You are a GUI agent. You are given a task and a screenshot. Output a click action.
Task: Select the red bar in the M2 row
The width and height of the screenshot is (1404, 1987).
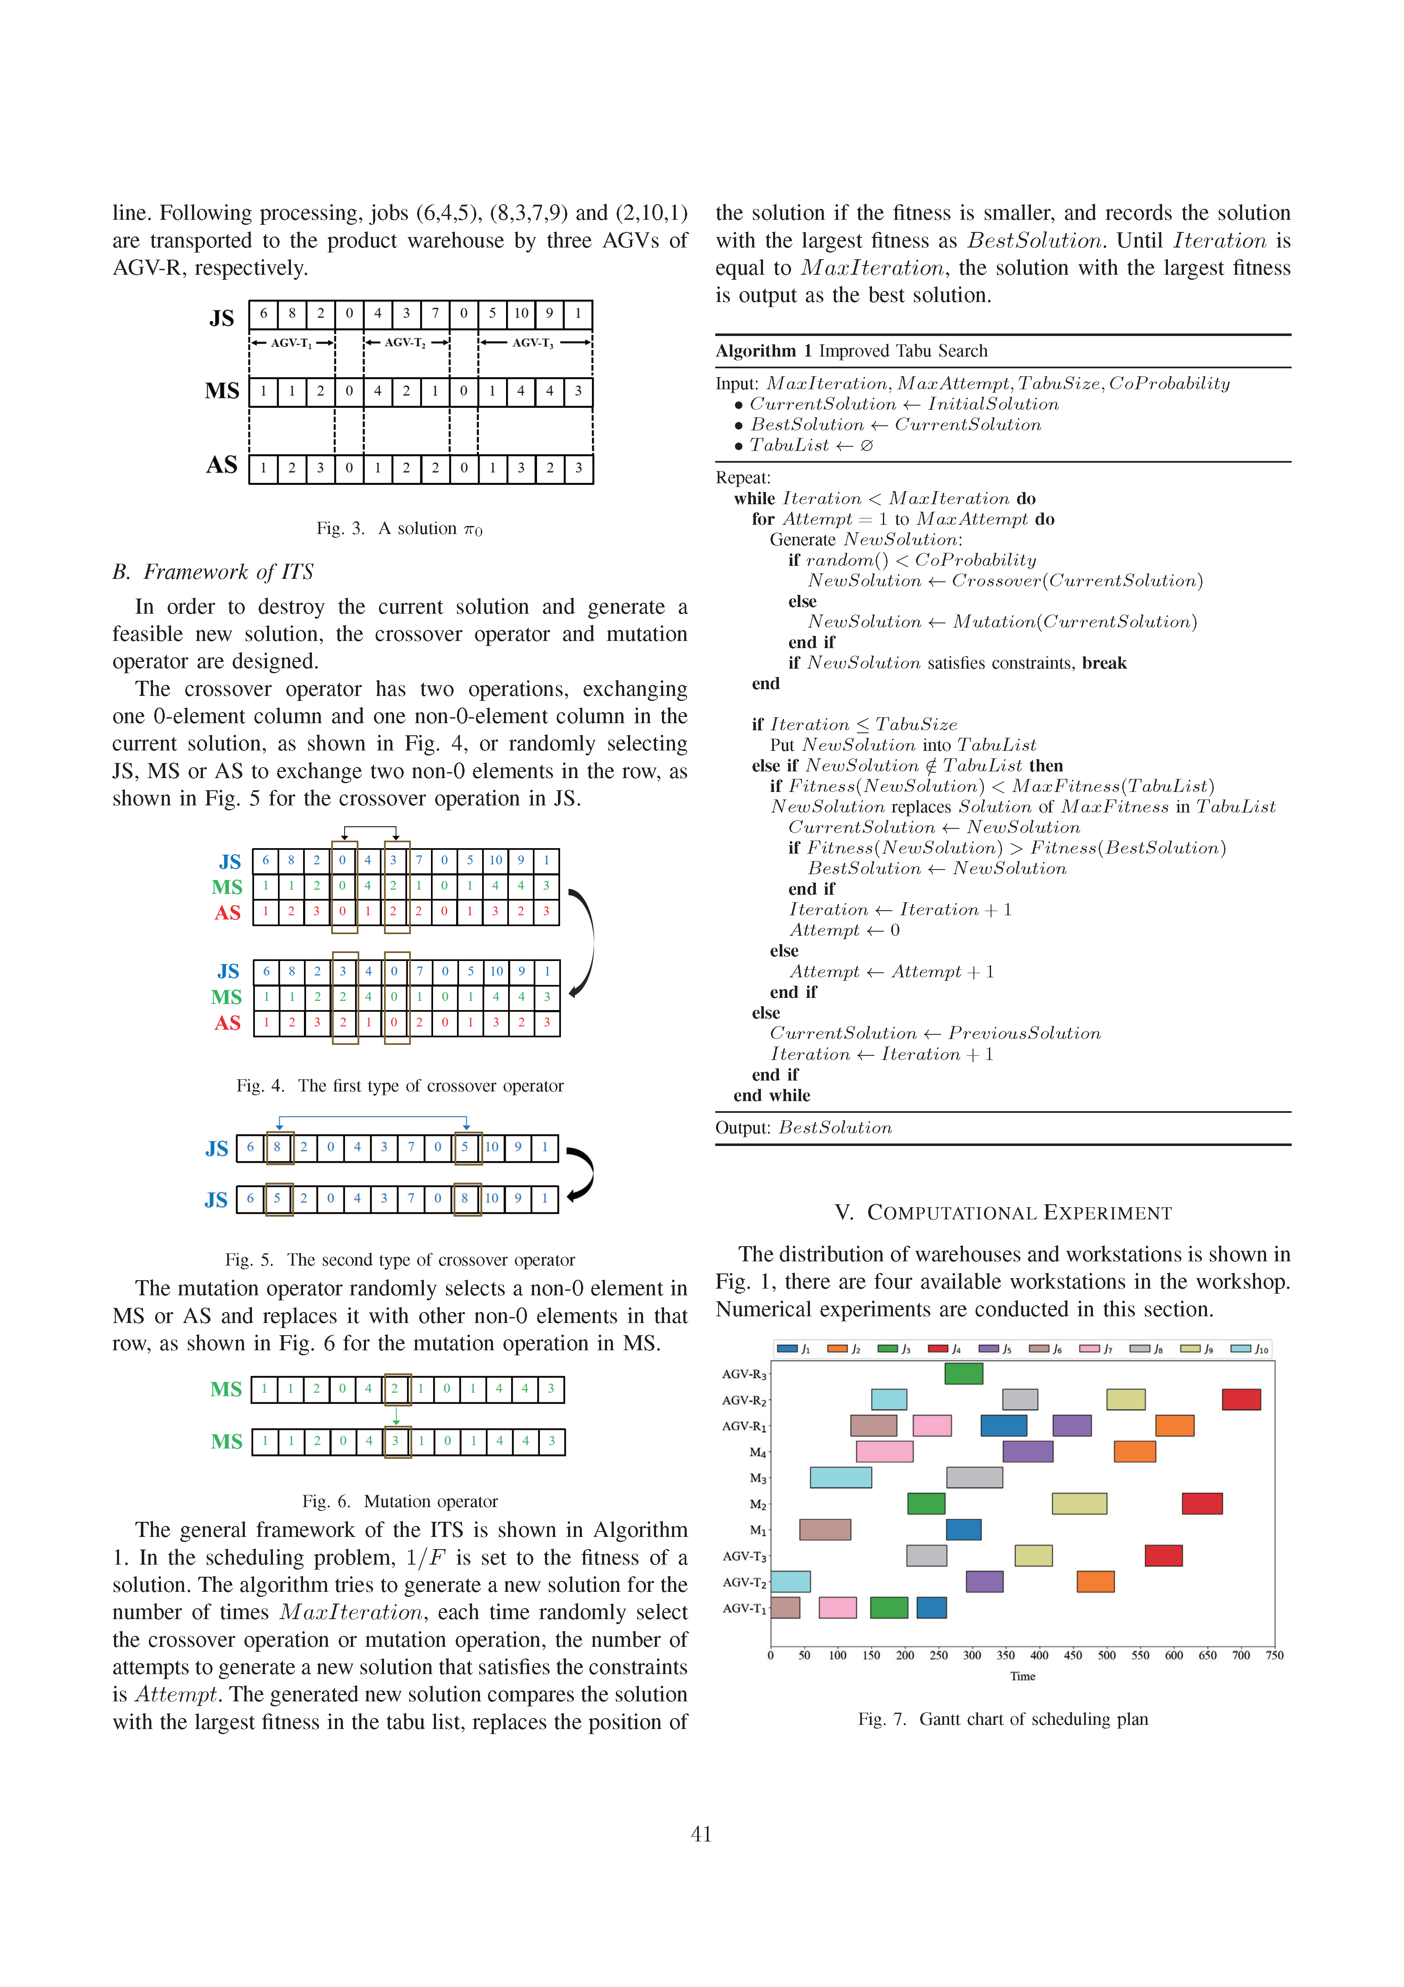(x=1202, y=1503)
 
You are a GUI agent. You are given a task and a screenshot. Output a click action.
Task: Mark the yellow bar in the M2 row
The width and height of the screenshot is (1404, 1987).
(x=1079, y=1503)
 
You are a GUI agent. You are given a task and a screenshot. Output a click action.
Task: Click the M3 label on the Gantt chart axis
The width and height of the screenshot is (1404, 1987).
(x=758, y=1478)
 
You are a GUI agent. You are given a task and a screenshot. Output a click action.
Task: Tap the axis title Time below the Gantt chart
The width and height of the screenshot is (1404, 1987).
(x=1023, y=1676)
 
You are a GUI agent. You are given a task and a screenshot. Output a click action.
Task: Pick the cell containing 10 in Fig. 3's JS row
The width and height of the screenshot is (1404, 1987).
(x=521, y=313)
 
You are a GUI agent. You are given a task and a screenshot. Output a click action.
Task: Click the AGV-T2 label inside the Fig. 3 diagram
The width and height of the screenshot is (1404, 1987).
(x=405, y=343)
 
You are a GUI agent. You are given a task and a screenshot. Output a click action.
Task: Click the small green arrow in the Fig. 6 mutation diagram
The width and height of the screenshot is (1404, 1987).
(x=396, y=1416)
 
